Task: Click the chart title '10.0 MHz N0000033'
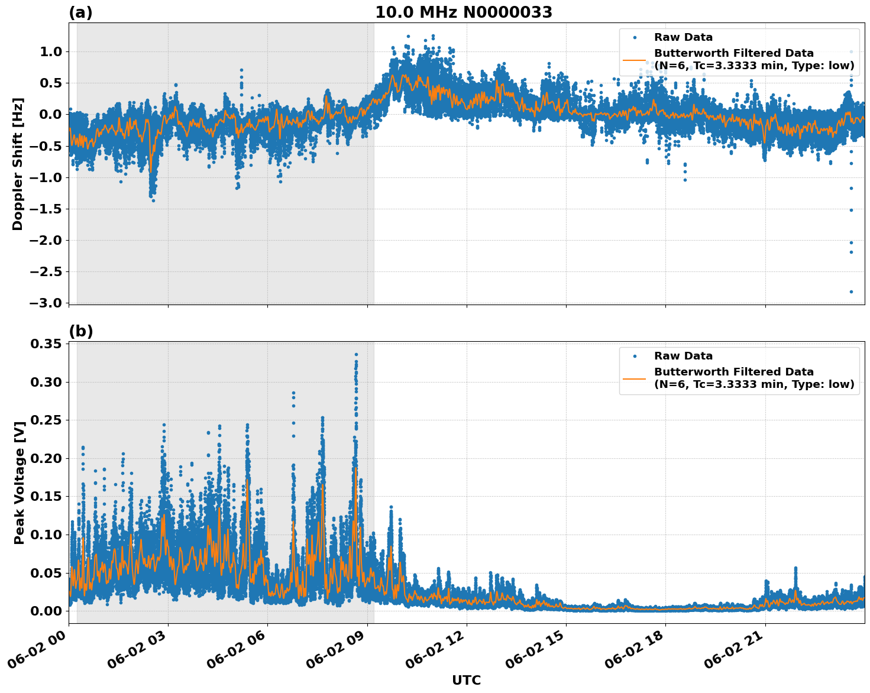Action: (x=463, y=12)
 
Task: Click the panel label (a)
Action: (x=80, y=12)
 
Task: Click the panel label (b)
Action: (x=81, y=331)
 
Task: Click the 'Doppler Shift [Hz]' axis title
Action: (x=18, y=164)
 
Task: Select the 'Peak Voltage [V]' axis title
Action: (x=20, y=482)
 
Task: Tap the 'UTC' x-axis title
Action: (x=466, y=680)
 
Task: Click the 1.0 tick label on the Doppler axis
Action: (x=50, y=51)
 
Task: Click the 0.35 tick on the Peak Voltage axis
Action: (x=47, y=344)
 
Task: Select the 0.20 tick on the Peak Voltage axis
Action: (x=47, y=458)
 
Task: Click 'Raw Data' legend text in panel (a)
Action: (x=683, y=37)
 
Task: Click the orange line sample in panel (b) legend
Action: (x=634, y=378)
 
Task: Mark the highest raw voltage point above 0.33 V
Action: (x=356, y=354)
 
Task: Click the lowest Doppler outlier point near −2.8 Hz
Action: (x=851, y=292)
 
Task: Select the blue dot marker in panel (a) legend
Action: (x=635, y=37)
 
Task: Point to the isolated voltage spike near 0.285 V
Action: (x=293, y=393)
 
